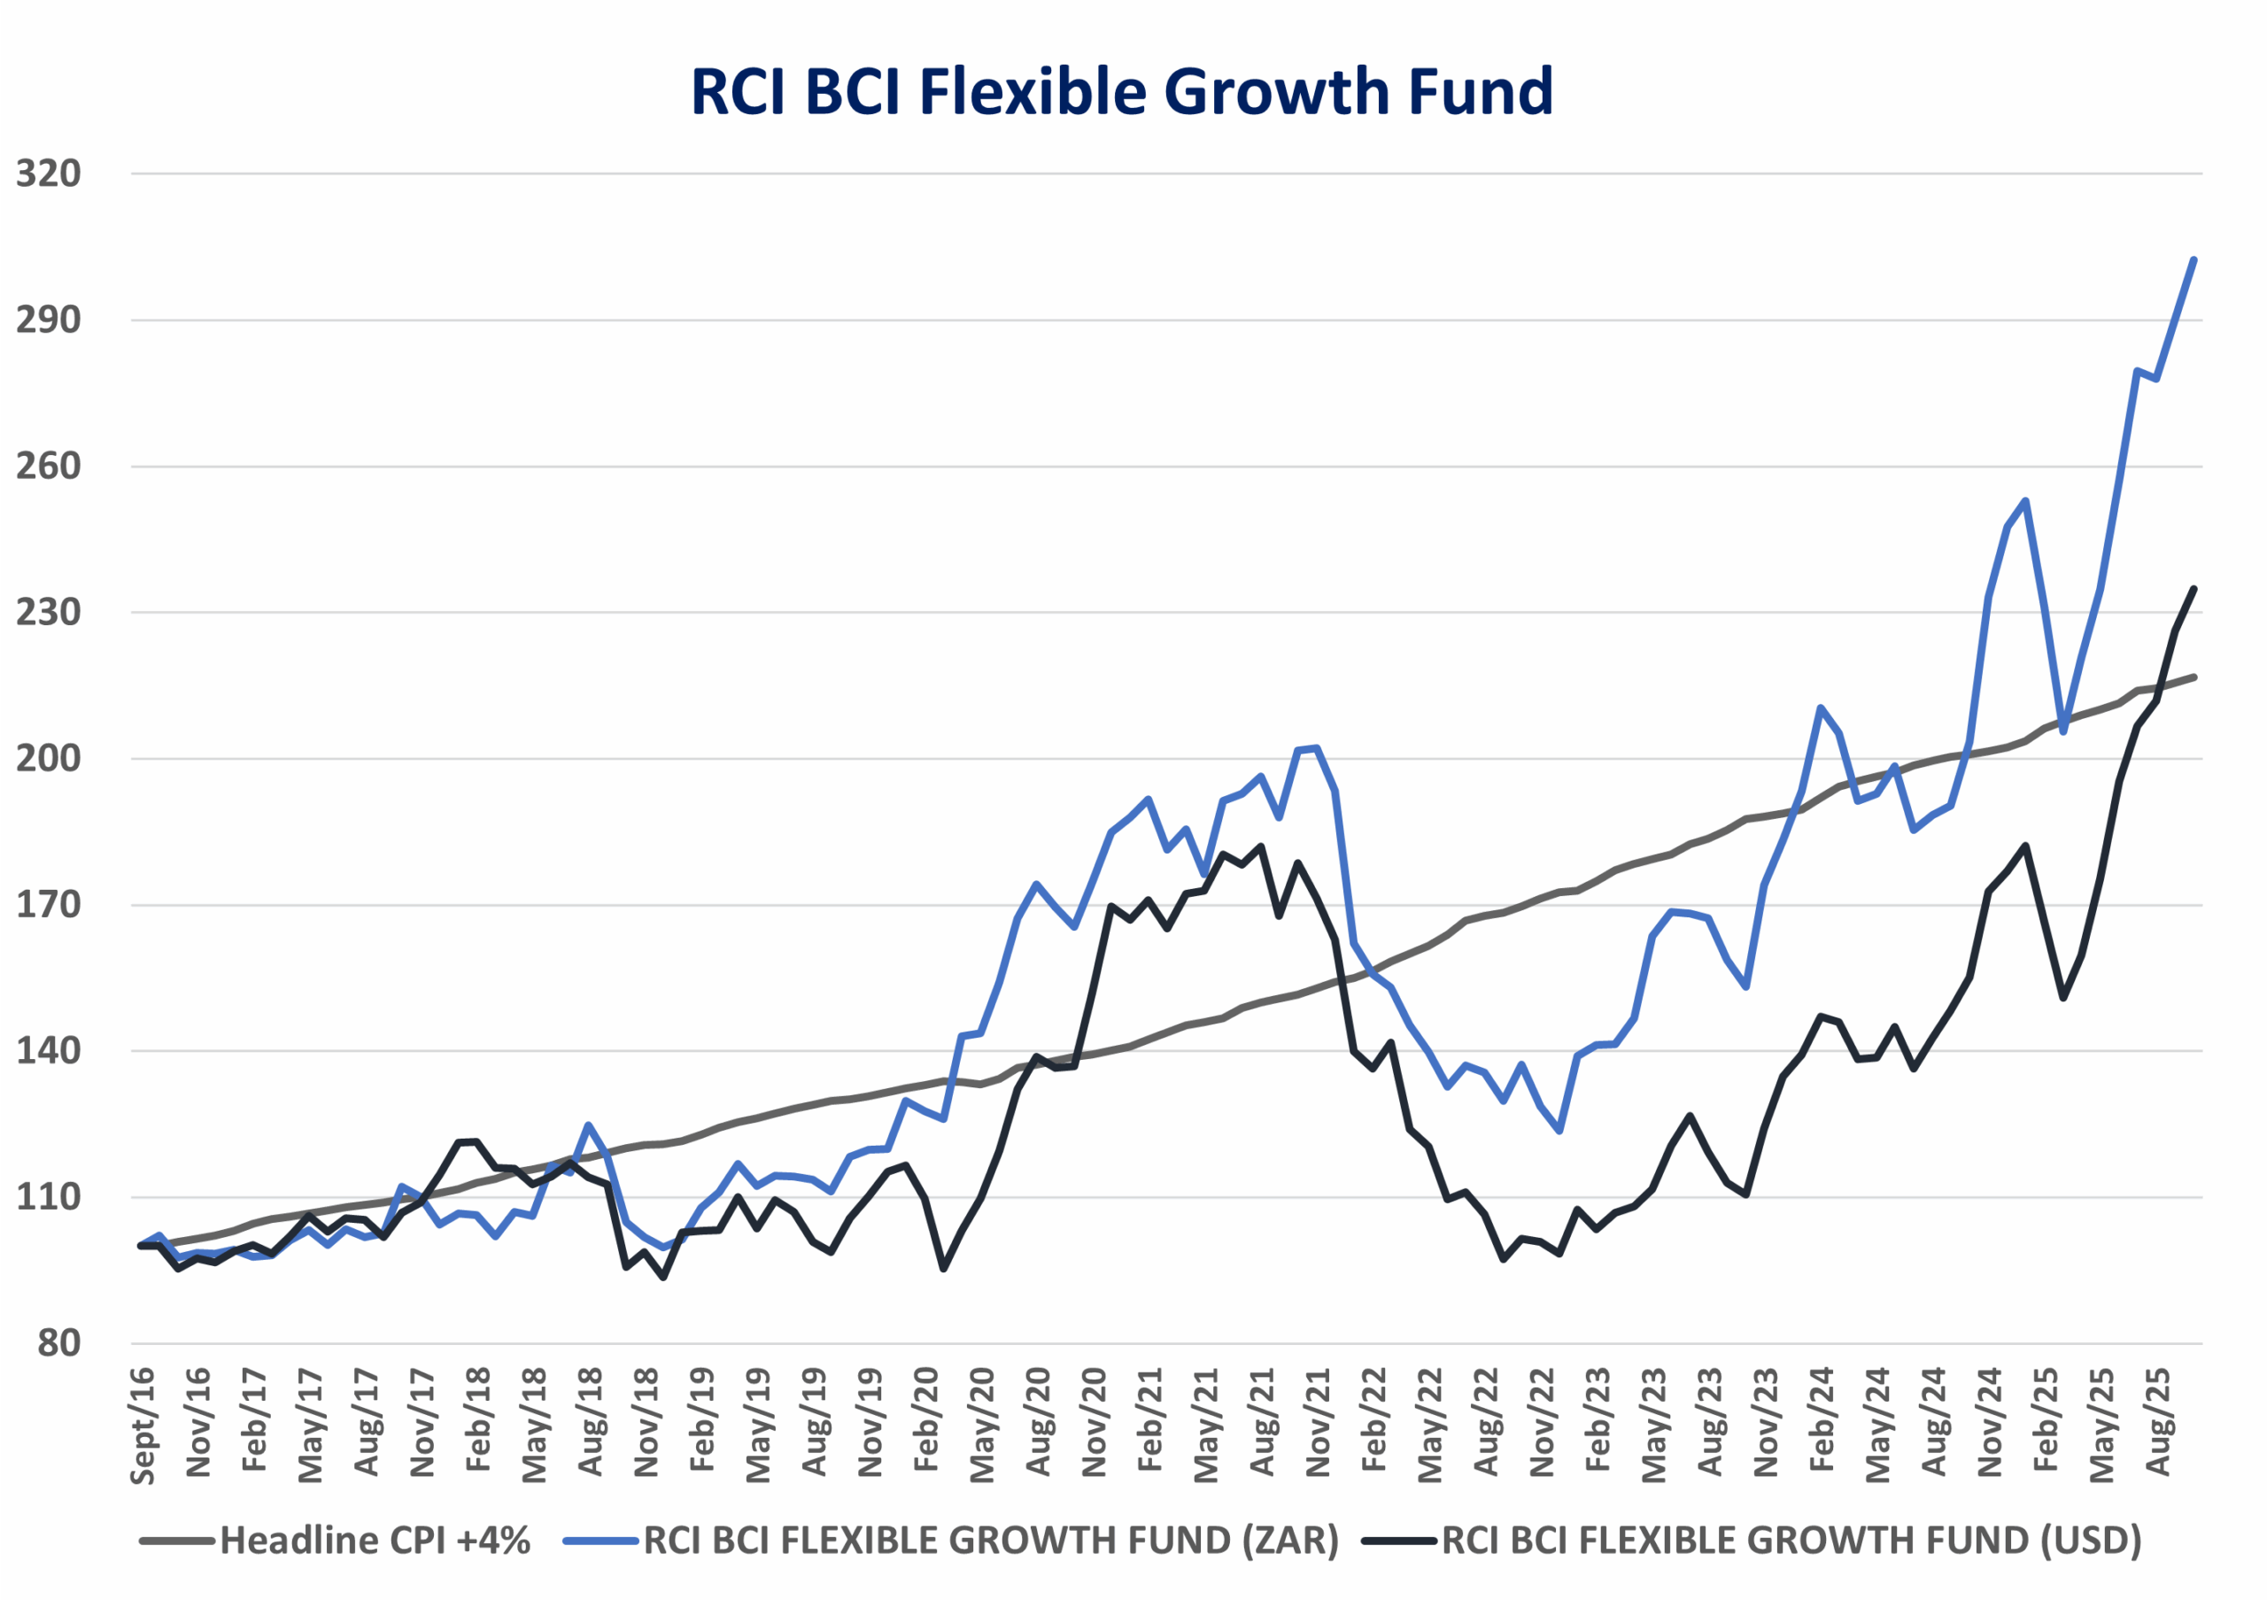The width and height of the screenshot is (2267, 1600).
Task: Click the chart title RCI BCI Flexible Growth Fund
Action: coord(1122,92)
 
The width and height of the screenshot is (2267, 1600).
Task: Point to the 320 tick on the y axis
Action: coord(49,174)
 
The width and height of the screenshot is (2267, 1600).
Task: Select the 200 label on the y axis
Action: coord(49,759)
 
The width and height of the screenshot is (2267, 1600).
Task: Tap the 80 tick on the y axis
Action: coord(59,1343)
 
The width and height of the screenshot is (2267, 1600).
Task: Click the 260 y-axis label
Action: coord(49,466)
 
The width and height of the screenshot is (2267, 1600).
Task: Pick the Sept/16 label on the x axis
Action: coord(143,1426)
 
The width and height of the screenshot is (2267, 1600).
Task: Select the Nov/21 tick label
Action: coord(1319,1421)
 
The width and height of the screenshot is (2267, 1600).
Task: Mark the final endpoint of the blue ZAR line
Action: coord(2193,259)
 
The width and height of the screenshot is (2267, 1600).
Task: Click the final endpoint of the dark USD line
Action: coord(2193,590)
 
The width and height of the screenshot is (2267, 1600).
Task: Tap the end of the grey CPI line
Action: coord(2193,677)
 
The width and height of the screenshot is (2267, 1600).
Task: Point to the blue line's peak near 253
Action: coord(2026,500)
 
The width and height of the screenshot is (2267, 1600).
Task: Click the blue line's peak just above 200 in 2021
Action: coord(1317,748)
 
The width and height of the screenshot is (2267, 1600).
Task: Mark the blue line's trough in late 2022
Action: coord(1559,1131)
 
